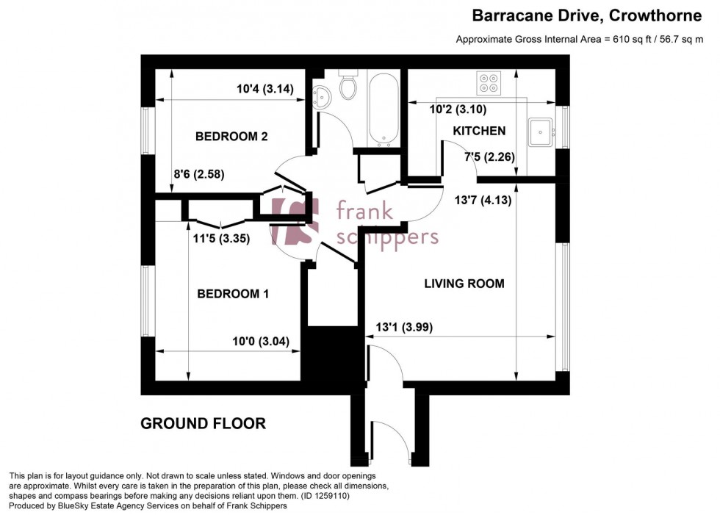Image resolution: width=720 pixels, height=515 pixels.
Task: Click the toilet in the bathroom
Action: pos(349,86)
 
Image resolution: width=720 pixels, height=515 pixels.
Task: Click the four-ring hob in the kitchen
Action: pos(489,84)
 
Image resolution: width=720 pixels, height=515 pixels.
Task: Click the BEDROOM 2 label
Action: pos(231,137)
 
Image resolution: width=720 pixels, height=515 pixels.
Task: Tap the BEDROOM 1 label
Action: pos(233,294)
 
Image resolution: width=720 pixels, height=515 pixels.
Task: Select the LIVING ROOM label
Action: pos(464,284)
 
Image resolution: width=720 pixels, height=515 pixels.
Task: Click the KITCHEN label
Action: pos(478,131)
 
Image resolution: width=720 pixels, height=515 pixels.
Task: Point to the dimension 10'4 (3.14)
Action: pos(265,90)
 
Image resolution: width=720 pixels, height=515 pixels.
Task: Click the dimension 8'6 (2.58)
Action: pos(198,175)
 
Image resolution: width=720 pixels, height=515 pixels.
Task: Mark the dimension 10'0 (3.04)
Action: pos(261,341)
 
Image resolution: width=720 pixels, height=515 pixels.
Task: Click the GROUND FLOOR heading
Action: pos(203,424)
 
